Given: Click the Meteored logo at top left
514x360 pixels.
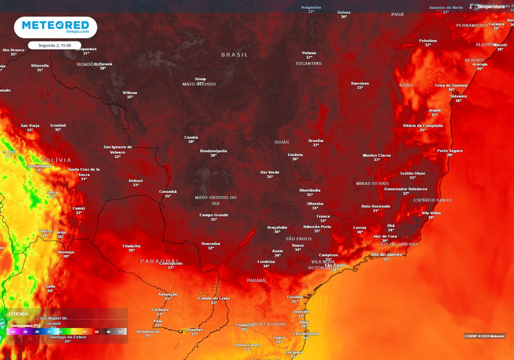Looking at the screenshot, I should [55, 27].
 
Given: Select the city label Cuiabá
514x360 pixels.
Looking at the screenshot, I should [191, 137].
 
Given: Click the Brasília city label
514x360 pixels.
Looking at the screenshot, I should [316, 141].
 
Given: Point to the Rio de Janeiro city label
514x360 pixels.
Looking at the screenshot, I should [387, 255].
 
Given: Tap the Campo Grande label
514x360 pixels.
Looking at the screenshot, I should [214, 215].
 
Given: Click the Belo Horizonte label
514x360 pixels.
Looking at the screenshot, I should [375, 206].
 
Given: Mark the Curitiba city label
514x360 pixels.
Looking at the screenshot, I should [295, 297].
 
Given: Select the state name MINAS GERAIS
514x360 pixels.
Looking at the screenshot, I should [372, 184].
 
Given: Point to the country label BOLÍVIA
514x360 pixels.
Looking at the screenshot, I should [56, 160].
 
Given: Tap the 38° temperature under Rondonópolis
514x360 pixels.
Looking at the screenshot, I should [213, 156].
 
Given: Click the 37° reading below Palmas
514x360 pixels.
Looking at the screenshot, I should [309, 58].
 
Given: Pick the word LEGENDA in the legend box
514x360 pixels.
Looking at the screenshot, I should [19, 314].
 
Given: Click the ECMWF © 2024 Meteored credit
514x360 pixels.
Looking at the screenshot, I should [484, 336].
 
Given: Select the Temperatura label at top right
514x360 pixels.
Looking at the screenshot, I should [490, 7].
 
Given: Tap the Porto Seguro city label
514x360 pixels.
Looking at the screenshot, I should [450, 151].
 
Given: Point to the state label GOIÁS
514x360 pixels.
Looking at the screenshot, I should [282, 142].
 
